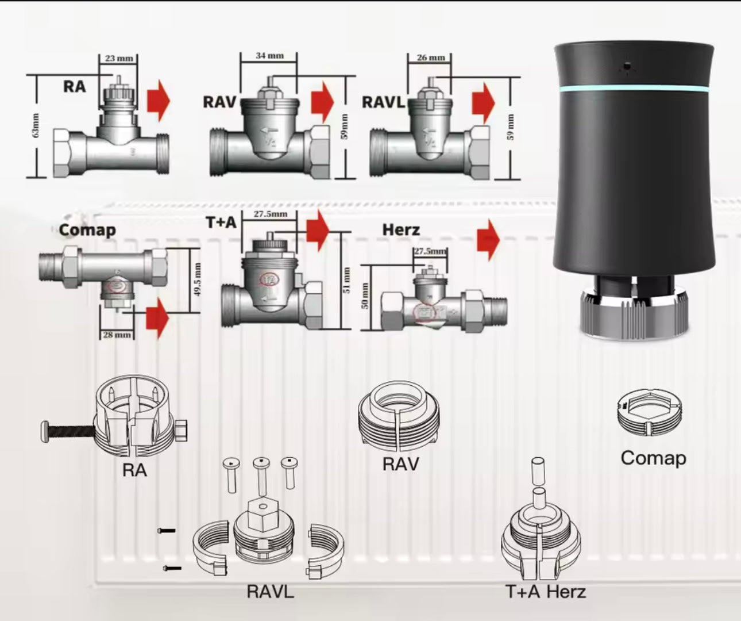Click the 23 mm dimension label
(119, 58)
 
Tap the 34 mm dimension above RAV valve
(269, 56)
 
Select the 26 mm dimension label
(430, 57)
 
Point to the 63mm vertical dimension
(36, 125)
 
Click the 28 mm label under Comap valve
(117, 335)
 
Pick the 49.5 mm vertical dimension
(198, 280)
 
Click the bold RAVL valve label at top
(383, 102)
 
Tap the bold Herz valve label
(401, 230)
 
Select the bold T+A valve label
(221, 223)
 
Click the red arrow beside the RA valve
(159, 101)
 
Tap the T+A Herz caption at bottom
(546, 591)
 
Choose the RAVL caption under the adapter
(270, 591)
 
